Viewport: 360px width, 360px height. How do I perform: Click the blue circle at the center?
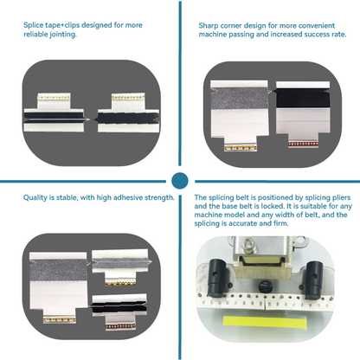pos(180,180)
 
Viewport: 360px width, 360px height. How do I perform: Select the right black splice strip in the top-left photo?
pos(124,113)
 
